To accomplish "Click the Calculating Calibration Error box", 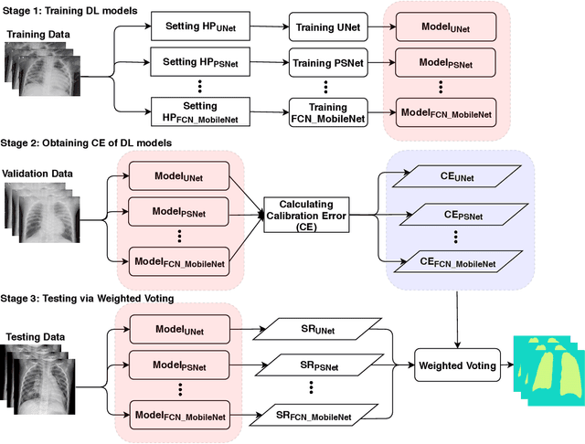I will point(305,216).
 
